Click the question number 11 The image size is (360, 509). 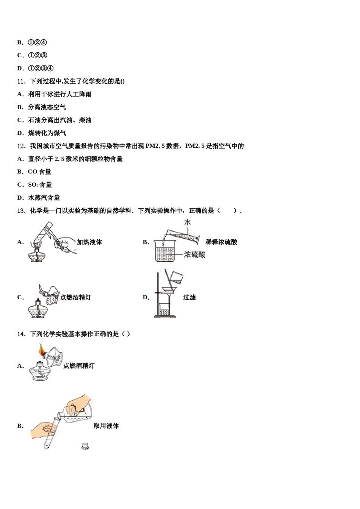tap(21, 81)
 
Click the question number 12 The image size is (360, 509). tap(21, 146)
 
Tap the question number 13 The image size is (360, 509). tap(21, 211)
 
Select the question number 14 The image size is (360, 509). tap(21, 334)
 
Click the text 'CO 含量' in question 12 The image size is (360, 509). tap(39, 172)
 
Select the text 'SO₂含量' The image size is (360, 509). tap(40, 185)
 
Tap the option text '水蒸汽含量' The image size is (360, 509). tap(44, 198)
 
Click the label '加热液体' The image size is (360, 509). tap(89, 242)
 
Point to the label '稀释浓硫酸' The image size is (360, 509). tap(221, 242)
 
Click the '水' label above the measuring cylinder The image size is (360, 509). tap(187, 222)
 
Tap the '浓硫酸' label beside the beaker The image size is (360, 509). tap(194, 254)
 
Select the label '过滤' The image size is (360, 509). tap(189, 298)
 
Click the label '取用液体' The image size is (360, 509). tap(106, 426)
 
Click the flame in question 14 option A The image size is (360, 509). tap(41, 350)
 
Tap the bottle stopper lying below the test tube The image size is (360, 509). tap(85, 447)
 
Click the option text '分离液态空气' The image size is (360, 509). tap(47, 108)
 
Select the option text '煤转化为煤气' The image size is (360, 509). tap(47, 133)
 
